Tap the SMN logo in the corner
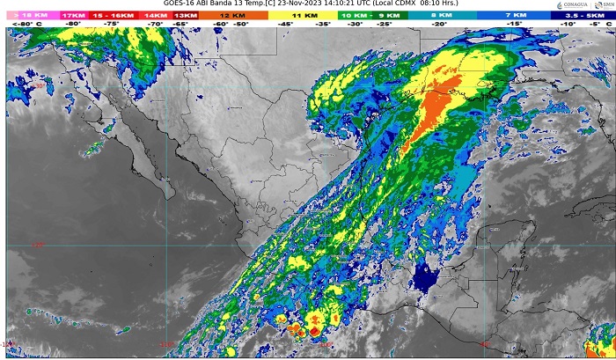607,5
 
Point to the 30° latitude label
39,87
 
